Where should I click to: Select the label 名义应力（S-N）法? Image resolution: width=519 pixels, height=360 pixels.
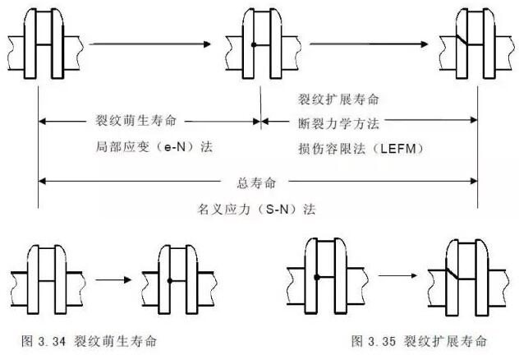(x=257, y=209)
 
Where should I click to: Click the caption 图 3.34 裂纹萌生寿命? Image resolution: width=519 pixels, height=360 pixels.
(x=90, y=339)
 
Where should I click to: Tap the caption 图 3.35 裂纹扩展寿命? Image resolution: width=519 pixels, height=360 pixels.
(x=419, y=339)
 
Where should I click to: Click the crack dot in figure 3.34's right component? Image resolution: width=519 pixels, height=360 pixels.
(x=168, y=281)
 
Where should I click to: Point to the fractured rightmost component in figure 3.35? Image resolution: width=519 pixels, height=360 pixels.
(x=460, y=275)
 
